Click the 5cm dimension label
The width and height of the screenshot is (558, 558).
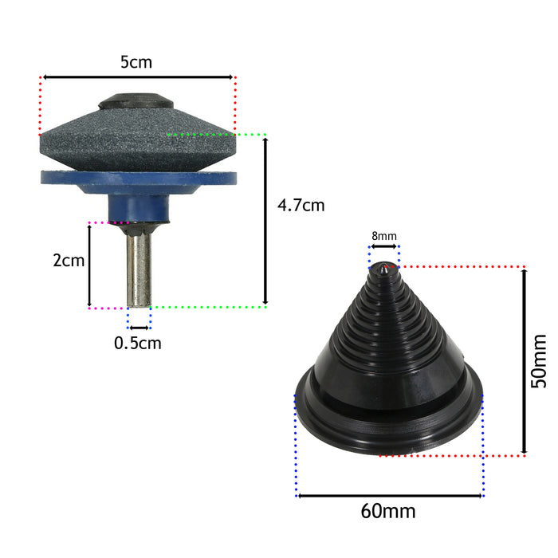[136, 62]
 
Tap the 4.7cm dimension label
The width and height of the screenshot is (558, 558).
[301, 206]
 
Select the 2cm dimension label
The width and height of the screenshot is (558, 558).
[69, 260]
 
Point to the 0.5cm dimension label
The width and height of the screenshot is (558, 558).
[138, 343]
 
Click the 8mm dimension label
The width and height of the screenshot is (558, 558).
[384, 236]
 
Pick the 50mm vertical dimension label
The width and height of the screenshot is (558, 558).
[538, 361]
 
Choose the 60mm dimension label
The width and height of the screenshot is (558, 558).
[388, 511]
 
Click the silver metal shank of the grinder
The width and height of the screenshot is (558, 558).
[139, 269]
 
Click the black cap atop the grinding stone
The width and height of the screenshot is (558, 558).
[136, 100]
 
